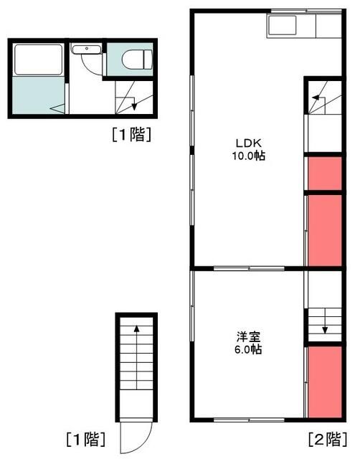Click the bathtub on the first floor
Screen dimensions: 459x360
tap(37, 60)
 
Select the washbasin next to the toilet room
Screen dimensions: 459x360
tap(86, 50)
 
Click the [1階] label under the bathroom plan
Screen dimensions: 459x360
tap(131, 133)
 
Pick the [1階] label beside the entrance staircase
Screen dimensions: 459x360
tap(85, 438)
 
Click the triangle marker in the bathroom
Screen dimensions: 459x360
tap(55, 108)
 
